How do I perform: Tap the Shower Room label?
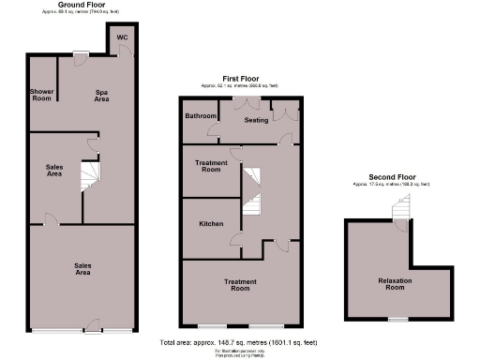[41, 95]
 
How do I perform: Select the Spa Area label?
[102, 95]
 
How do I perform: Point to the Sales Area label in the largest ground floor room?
[82, 268]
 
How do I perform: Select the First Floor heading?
[242, 79]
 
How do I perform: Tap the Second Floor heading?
[392, 177]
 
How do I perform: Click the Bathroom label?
[200, 117]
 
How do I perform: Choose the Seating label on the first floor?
[256, 120]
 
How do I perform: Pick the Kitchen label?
[210, 225]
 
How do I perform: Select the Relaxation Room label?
[397, 284]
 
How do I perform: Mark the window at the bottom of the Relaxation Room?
[397, 320]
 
